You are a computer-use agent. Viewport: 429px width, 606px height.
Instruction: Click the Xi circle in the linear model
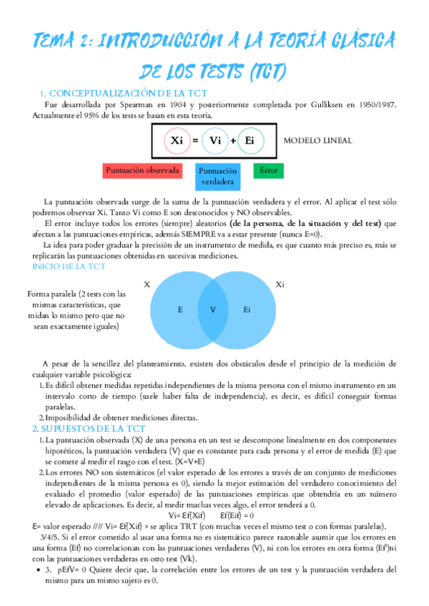coord(176,141)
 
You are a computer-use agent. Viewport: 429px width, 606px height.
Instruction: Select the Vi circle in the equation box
coord(214,141)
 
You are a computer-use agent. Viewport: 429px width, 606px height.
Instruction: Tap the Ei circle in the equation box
coord(250,141)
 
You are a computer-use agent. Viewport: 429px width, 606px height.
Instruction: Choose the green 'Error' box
coord(269,172)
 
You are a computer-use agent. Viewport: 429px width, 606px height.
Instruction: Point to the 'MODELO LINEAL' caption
coord(317,141)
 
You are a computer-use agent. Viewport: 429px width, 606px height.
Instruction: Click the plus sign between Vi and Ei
coord(232,141)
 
